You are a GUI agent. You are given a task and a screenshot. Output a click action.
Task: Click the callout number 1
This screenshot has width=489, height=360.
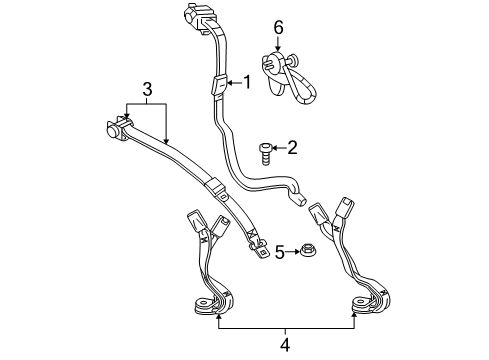point(245,83)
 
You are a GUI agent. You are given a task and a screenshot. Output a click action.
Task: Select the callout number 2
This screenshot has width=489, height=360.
point(292,149)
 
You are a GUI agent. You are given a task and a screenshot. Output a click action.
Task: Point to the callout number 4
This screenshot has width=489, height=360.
point(285,347)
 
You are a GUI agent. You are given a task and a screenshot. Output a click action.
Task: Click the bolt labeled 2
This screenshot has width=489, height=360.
point(265,151)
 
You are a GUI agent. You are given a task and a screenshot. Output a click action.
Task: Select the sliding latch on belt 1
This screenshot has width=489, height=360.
point(217,85)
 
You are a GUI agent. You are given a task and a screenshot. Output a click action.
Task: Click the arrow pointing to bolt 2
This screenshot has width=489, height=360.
point(279,149)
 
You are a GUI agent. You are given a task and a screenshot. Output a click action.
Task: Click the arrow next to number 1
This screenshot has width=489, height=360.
point(233,83)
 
